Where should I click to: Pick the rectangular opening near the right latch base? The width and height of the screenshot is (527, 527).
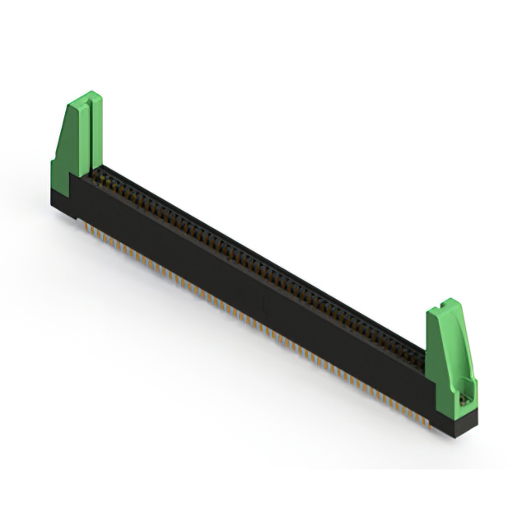coord(466,394)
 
